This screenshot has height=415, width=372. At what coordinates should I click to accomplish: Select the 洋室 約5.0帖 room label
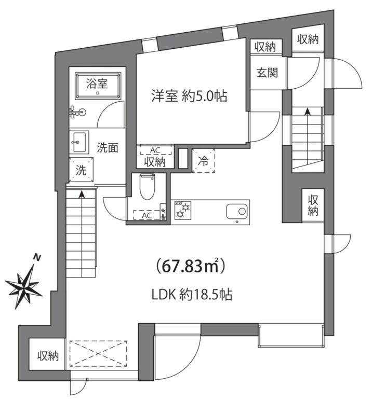189,96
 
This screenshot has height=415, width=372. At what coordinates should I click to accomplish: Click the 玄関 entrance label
266,73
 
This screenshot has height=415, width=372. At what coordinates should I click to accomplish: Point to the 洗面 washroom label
108,147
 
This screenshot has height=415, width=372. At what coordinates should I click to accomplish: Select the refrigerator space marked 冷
204,161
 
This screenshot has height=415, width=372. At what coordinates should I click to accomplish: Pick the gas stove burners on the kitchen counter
183,211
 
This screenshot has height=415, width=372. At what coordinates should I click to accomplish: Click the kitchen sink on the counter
237,211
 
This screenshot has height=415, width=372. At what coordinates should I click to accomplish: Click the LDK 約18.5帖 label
191,295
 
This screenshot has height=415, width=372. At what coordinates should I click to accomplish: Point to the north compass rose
24,284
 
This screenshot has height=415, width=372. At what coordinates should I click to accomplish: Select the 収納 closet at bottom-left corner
47,355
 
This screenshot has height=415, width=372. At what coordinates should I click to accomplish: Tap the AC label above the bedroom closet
154,150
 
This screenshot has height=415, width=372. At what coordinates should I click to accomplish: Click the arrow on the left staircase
82,196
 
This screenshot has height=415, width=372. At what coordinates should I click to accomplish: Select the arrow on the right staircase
307,111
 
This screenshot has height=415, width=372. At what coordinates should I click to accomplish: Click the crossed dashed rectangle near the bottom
98,354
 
